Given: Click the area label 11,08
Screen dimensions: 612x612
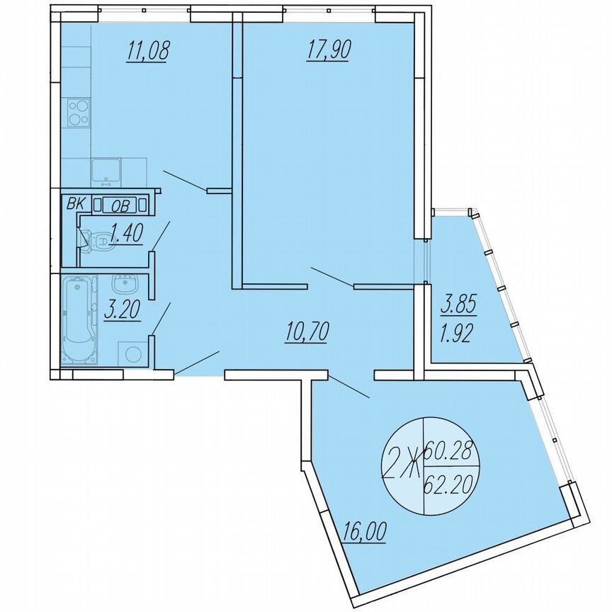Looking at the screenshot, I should tap(147, 52).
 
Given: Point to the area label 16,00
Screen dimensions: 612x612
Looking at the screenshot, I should tap(365, 531).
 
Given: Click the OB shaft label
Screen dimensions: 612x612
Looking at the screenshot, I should tap(120, 205).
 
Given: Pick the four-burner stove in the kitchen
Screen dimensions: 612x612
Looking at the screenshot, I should tap(78, 112).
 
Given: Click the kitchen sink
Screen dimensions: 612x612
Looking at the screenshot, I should tap(106, 171).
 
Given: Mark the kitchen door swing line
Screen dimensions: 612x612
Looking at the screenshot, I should tap(184, 180).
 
